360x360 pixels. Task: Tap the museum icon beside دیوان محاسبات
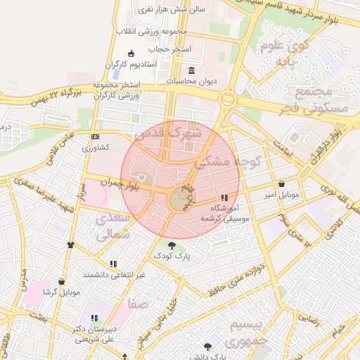point(193,70)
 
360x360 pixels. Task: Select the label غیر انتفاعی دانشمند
point(114,275)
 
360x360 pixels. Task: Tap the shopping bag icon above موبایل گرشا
point(62,281)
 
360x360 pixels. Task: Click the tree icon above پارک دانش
point(207,347)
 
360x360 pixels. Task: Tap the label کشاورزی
point(95,148)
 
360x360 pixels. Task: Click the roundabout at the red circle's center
point(179,200)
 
